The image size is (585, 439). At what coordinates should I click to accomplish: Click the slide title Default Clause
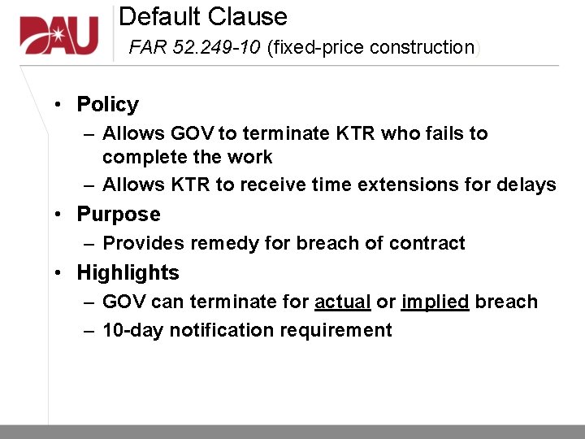click(203, 16)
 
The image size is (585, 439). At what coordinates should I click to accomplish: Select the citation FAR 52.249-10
click(194, 47)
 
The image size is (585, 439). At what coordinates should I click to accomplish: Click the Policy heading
click(107, 104)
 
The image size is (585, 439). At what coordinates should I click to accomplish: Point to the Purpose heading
click(119, 214)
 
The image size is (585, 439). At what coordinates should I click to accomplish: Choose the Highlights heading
click(128, 272)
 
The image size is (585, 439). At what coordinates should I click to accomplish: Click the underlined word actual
click(342, 302)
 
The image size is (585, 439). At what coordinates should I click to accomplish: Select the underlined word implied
click(435, 302)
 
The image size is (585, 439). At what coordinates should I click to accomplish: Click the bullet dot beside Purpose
click(59, 215)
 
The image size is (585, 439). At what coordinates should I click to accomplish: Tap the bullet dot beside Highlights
click(59, 273)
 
